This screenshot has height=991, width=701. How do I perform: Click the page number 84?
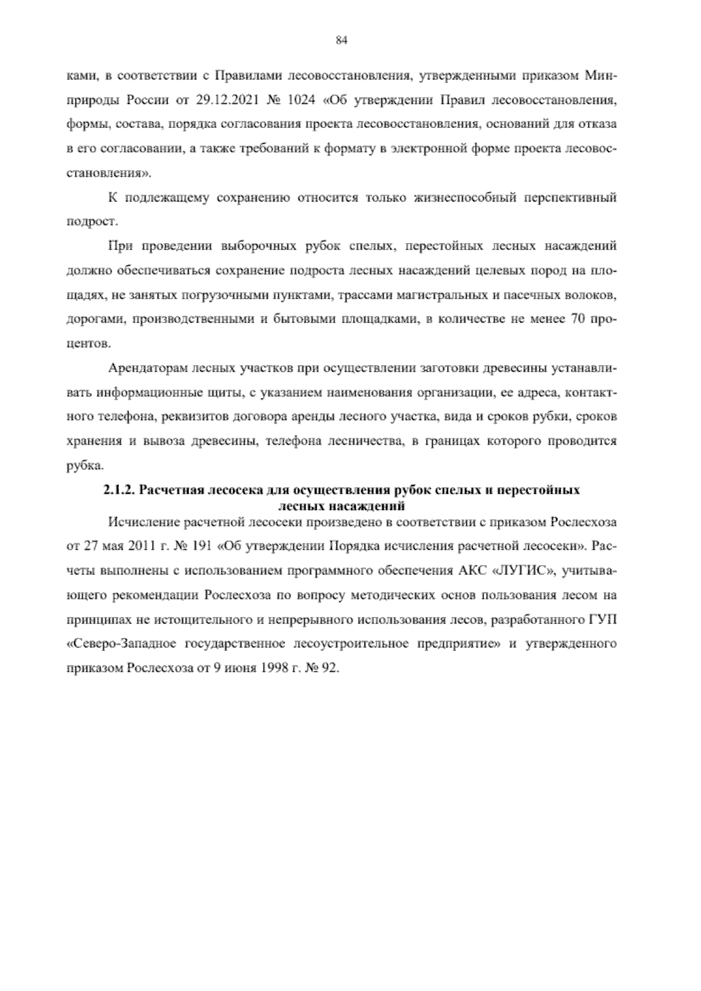pos(342,40)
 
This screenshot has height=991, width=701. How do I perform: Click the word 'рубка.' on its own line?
pos(85,465)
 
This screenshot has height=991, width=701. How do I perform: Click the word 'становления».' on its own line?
pos(109,173)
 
